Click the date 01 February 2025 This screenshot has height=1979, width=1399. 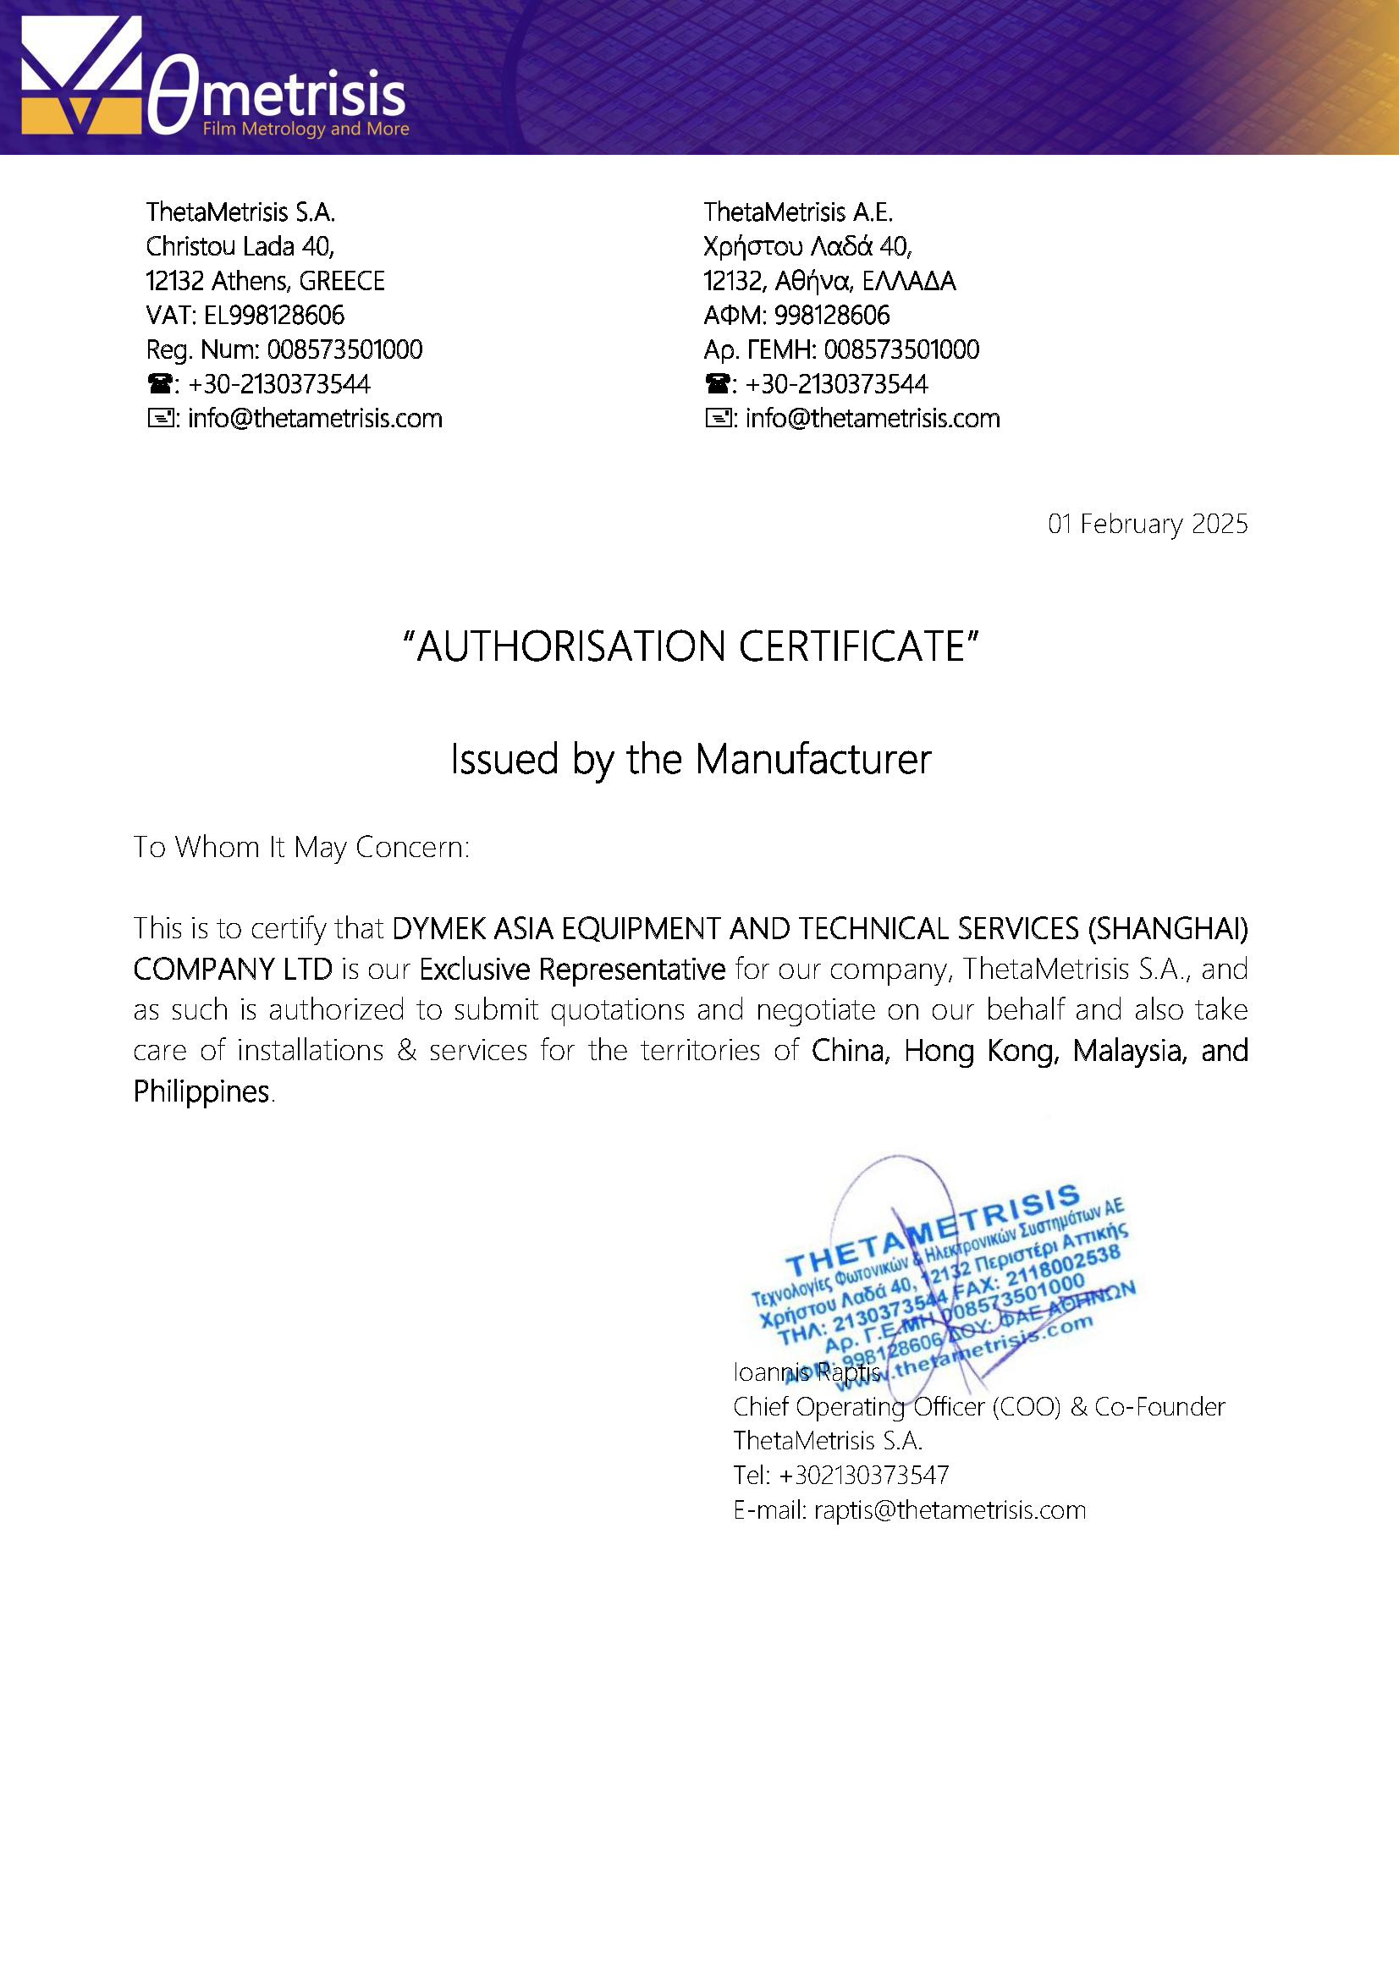point(1147,524)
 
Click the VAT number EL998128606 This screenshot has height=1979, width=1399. point(273,316)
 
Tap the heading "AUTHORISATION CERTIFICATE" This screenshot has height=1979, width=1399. point(691,646)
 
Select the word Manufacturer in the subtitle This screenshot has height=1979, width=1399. point(812,759)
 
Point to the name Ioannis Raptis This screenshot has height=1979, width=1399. point(806,1372)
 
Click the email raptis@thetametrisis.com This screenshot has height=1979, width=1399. point(949,1510)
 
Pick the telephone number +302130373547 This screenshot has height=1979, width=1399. point(863,1476)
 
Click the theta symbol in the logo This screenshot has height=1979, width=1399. point(173,95)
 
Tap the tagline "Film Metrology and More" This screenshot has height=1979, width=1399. point(306,129)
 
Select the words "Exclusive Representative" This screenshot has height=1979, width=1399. point(572,970)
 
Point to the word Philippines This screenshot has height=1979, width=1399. point(201,1092)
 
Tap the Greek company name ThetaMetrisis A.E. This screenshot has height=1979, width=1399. point(797,212)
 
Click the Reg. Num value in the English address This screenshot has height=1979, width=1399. point(344,350)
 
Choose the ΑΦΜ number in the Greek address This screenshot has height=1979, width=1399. point(832,316)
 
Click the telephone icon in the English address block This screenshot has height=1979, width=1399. point(159,383)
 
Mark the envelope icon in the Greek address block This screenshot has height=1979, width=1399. point(717,419)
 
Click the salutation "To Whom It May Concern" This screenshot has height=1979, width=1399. point(300,848)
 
